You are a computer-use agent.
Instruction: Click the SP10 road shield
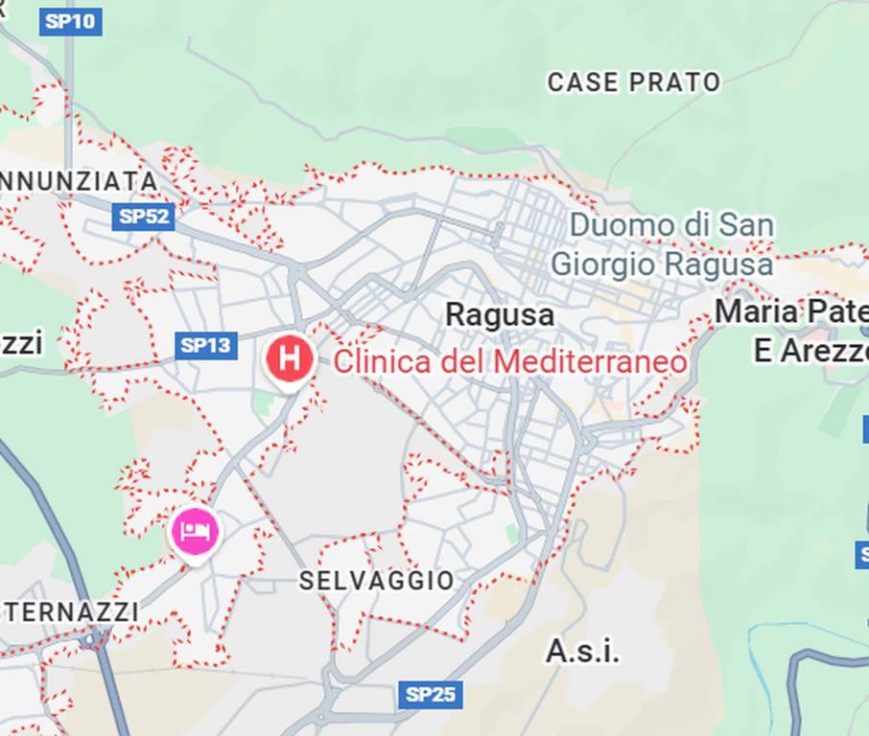pyautogui.click(x=70, y=21)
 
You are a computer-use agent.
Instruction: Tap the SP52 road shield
pyautogui.click(x=143, y=217)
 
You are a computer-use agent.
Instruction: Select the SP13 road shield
pyautogui.click(x=205, y=345)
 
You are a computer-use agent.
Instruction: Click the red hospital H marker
pyautogui.click(x=289, y=359)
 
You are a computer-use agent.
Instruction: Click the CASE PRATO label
pyautogui.click(x=633, y=82)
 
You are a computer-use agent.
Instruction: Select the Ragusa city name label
pyautogui.click(x=500, y=314)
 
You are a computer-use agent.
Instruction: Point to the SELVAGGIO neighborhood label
pyautogui.click(x=376, y=581)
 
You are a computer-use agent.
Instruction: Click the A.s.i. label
pyautogui.click(x=582, y=652)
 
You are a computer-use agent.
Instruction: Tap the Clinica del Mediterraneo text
pyautogui.click(x=509, y=362)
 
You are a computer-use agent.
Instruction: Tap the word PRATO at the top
pyautogui.click(x=674, y=82)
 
